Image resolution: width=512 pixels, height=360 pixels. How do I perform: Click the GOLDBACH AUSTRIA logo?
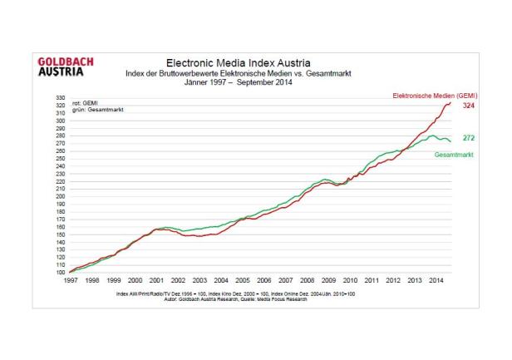click(x=66, y=66)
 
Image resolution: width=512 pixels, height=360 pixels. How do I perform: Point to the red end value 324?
click(x=468, y=106)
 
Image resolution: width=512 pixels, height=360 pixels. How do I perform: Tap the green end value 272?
click(x=468, y=138)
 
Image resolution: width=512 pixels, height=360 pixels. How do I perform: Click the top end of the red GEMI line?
click(x=450, y=103)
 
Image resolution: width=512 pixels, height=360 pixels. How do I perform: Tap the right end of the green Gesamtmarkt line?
click(x=450, y=141)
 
